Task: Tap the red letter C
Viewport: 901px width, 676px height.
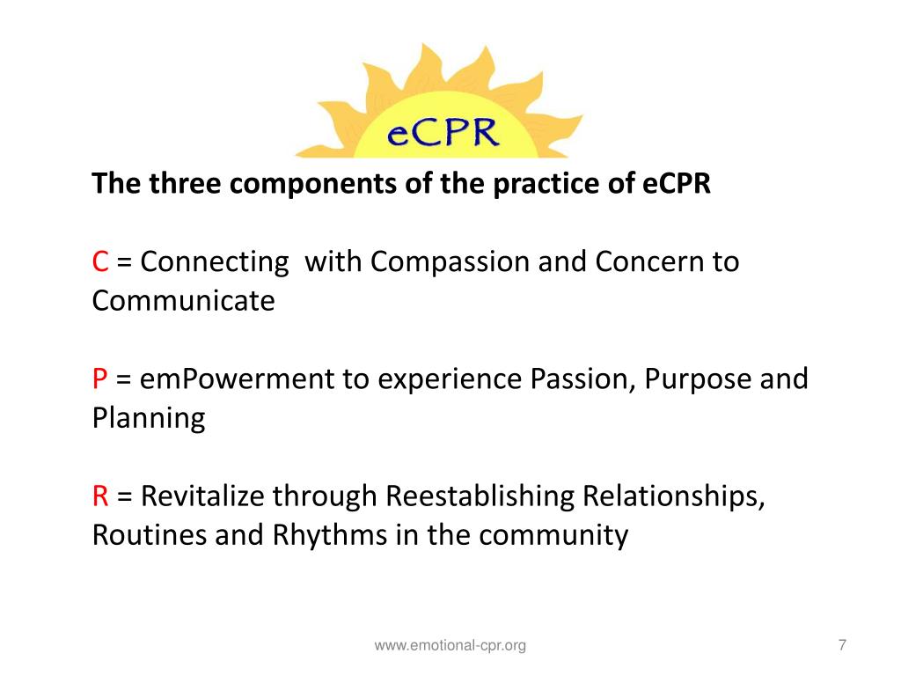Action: coord(101,262)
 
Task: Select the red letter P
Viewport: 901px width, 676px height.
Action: coord(100,379)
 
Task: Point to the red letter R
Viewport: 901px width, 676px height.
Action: coord(100,496)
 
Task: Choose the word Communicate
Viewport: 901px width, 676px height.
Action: coord(183,301)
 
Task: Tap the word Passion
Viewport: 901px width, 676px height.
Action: coord(582,379)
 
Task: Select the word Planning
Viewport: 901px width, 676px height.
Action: coord(148,418)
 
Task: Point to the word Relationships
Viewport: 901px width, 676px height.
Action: coord(673,497)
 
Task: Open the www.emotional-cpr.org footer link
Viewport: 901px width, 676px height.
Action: coord(450,646)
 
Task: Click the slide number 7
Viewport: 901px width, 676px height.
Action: coord(842,645)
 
